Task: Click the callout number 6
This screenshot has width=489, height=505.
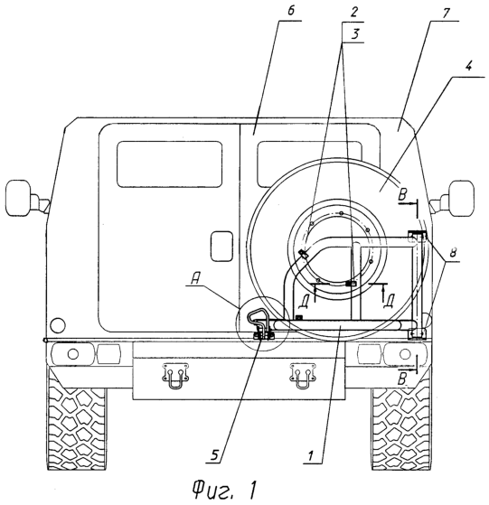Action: [290, 11]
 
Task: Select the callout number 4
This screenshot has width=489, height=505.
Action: [469, 67]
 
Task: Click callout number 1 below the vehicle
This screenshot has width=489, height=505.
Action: [311, 455]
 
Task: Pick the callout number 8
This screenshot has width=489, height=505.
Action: [453, 253]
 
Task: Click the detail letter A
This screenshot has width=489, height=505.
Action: [195, 279]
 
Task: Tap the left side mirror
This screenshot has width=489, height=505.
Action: [18, 197]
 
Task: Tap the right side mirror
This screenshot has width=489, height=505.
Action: [461, 198]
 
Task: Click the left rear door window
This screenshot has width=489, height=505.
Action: [169, 164]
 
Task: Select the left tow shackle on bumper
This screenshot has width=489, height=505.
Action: [175, 376]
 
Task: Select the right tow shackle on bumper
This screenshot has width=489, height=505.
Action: [303, 376]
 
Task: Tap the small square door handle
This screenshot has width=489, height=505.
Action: [221, 246]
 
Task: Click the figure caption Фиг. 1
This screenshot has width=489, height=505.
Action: [225, 489]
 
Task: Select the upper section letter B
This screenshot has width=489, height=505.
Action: [403, 195]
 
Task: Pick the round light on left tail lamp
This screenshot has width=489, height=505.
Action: [73, 354]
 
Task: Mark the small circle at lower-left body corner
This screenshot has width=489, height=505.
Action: [58, 325]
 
